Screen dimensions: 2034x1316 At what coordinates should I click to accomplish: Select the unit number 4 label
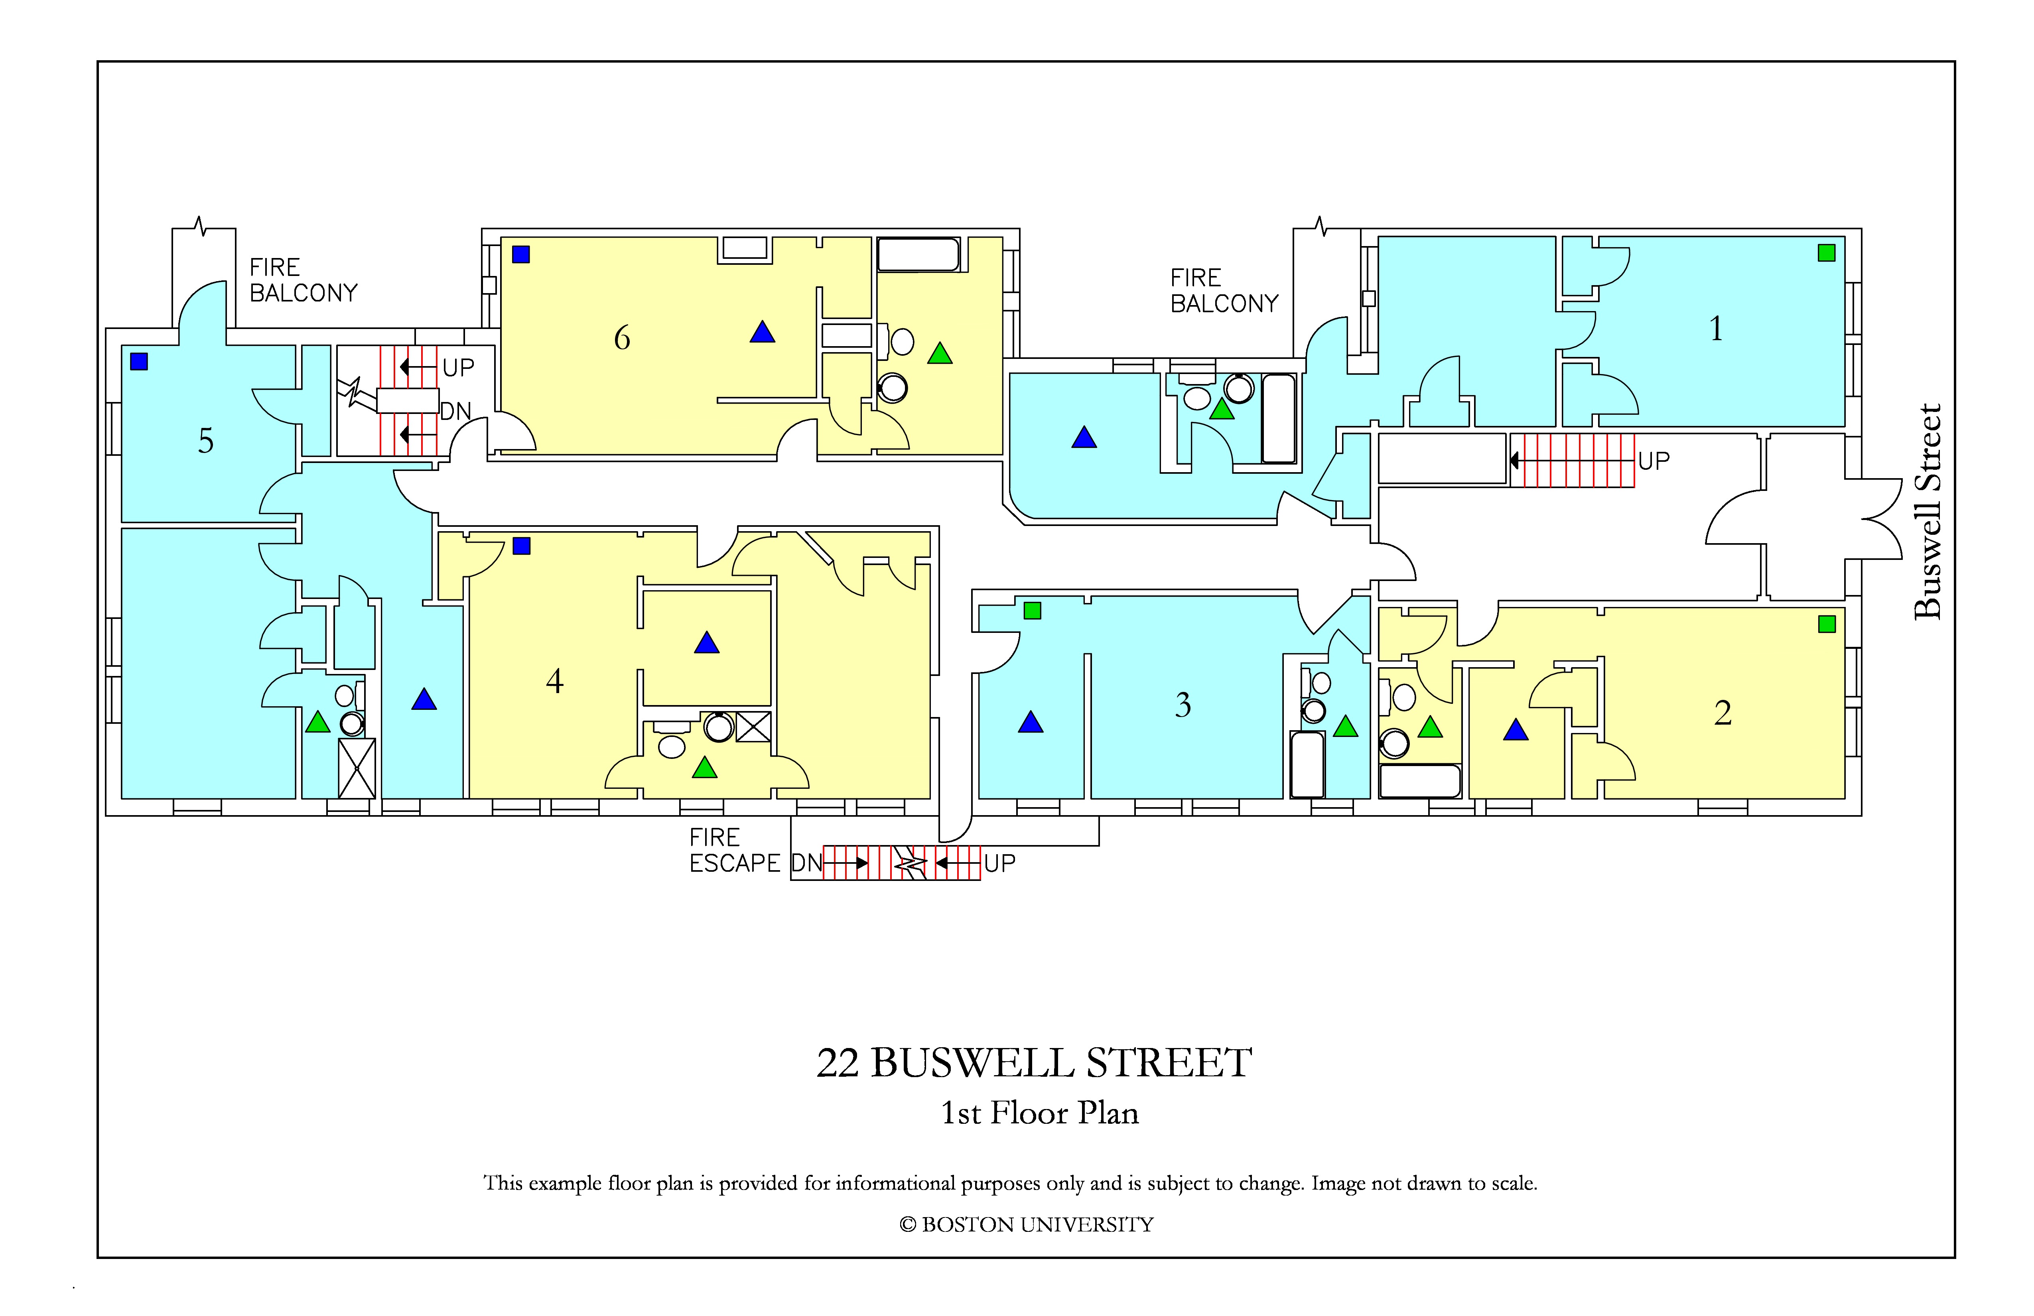click(x=555, y=681)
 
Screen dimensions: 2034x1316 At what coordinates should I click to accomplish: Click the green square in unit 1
click(x=1826, y=253)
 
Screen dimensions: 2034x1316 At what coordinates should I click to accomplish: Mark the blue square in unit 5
click(x=139, y=361)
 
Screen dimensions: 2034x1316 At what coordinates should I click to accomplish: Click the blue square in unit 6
click(x=521, y=254)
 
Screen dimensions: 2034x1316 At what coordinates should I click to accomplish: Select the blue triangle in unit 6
click(x=762, y=333)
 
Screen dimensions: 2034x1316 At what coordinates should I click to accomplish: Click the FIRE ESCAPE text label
click(x=735, y=850)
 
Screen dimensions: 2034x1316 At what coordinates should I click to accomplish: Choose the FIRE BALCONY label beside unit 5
click(x=304, y=280)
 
